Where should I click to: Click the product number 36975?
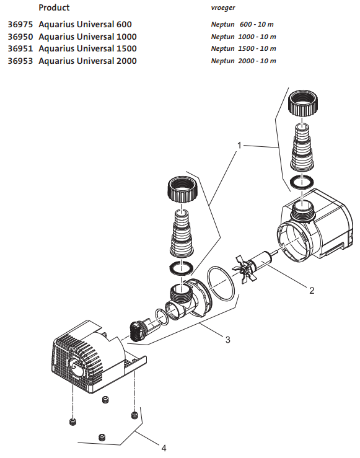[20, 25]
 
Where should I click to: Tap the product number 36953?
[20, 61]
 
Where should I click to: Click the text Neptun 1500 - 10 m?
[244, 49]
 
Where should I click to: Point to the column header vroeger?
[223, 8]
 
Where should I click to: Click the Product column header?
[54, 8]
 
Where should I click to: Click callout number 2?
[312, 289]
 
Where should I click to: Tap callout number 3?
[228, 339]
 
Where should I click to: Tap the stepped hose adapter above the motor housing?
[304, 149]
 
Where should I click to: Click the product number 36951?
[20, 49]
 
